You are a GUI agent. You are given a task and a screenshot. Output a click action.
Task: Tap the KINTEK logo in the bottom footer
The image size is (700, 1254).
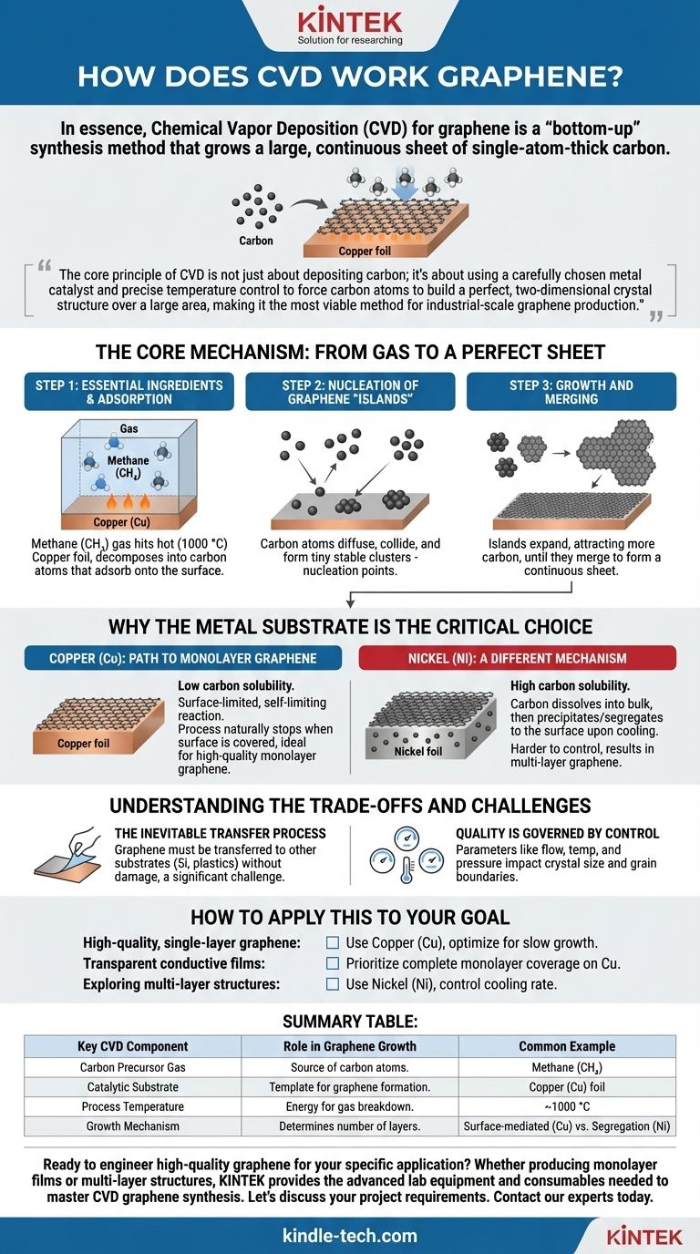644,1237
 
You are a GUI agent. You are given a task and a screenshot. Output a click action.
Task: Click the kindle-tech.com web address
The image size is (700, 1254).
350,1236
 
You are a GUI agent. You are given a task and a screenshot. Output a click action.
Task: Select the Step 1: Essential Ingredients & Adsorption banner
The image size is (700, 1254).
129,392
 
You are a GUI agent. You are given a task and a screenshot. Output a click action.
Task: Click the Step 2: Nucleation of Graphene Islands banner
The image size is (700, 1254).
350,392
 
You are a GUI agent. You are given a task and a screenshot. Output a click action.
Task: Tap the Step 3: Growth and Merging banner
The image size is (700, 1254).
571,392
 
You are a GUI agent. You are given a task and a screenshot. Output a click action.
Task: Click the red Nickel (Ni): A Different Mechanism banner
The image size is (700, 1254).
518,658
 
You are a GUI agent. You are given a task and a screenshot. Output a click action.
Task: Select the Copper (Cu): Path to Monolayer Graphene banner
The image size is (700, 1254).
183,658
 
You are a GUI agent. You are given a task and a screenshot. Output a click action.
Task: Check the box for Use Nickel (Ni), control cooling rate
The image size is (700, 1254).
333,983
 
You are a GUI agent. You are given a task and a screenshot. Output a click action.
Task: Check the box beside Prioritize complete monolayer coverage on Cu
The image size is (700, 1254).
333,963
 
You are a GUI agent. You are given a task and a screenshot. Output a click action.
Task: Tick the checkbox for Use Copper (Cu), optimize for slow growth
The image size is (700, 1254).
333,942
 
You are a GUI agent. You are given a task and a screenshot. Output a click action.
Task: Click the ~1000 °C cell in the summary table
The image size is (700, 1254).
567,1106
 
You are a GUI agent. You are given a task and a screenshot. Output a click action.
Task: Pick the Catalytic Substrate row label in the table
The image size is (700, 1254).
133,1087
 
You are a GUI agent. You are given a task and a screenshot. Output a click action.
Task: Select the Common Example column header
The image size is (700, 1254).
567,1046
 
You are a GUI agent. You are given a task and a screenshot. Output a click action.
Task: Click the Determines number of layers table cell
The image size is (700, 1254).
350,1126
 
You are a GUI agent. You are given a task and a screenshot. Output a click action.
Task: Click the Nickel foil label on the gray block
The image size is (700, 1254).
418,751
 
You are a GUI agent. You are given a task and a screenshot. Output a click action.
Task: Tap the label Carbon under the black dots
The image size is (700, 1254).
256,241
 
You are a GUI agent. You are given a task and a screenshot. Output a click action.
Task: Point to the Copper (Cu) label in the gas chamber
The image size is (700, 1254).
121,522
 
